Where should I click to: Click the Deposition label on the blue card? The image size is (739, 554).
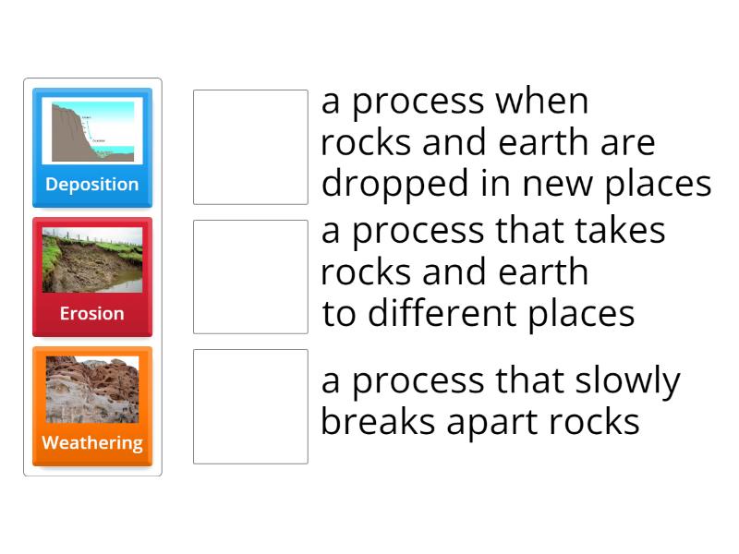pyautogui.click(x=92, y=184)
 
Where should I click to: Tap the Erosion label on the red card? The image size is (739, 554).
pyautogui.click(x=92, y=313)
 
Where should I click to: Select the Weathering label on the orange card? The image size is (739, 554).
pyautogui.click(x=92, y=442)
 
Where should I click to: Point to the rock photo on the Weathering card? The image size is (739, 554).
pyautogui.click(x=92, y=390)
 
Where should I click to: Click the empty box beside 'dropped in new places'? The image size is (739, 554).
pyautogui.click(x=250, y=147)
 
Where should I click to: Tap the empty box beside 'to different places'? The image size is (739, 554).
pyautogui.click(x=250, y=276)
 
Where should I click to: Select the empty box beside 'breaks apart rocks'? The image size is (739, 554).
pyautogui.click(x=250, y=406)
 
